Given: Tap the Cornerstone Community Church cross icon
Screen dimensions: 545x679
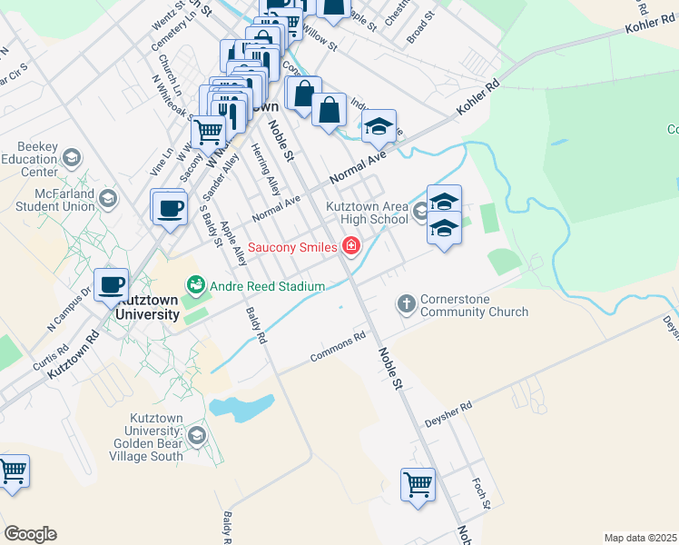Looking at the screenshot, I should tap(407, 302).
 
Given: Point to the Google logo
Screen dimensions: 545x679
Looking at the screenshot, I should tap(30, 534).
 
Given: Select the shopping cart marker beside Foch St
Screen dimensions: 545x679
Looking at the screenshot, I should tap(418, 484).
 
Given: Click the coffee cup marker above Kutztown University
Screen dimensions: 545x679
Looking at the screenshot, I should tap(112, 284).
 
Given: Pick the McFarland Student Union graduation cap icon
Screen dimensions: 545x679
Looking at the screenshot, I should tap(108, 198).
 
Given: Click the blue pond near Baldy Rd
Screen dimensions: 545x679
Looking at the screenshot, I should tap(241, 408).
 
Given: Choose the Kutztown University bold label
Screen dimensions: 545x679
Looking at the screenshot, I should tap(147, 307).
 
